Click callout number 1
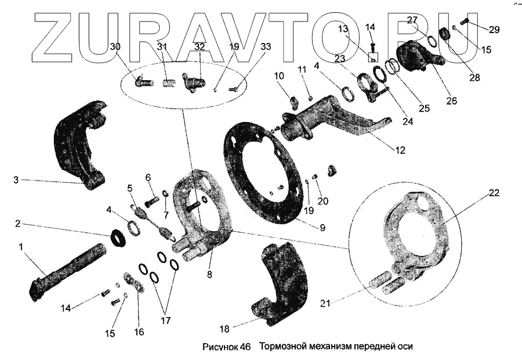[x=21, y=247]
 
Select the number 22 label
[x=494, y=193]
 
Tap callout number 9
[x=323, y=228]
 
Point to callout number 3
[x=16, y=181]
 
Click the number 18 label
[x=224, y=329]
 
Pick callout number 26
[x=452, y=100]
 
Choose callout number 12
[x=400, y=150]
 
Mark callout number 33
[x=266, y=46]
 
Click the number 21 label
[x=324, y=303]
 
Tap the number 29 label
[x=494, y=30]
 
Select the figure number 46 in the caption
[x=245, y=347]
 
